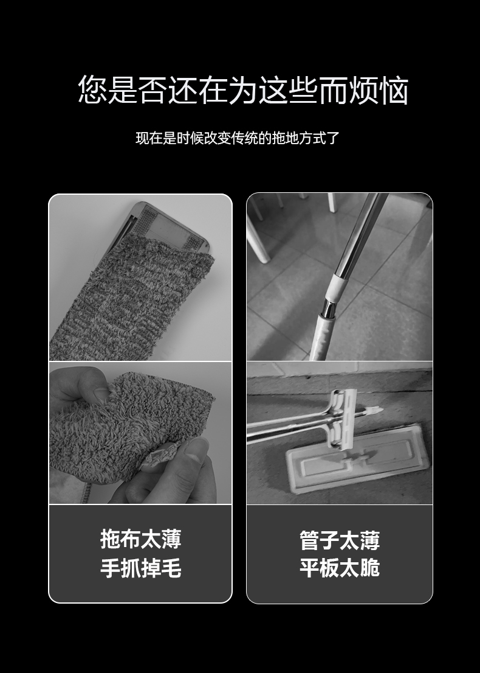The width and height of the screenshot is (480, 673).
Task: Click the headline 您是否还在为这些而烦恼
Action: [x=242, y=90]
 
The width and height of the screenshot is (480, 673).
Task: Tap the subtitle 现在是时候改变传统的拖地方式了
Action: [x=237, y=138]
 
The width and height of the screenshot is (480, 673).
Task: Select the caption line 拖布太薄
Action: [x=140, y=539]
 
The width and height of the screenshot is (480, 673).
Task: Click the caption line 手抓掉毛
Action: [x=140, y=569]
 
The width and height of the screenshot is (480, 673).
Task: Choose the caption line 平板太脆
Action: [x=339, y=568]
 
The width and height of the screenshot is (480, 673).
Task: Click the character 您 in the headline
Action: [x=93, y=90]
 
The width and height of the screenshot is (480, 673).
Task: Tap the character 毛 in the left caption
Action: [x=171, y=569]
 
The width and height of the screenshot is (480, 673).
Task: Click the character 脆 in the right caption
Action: [x=370, y=568]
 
